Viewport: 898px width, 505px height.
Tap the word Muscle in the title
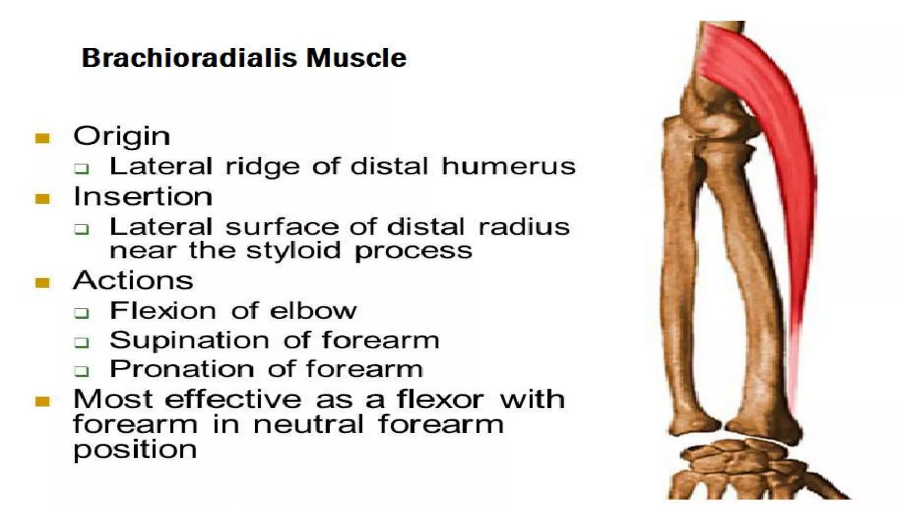[356, 58]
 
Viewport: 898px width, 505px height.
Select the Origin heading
[121, 136]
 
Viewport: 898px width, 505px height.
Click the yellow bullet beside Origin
[43, 139]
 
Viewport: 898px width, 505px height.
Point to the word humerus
[508, 167]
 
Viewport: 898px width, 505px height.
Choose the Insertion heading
[143, 196]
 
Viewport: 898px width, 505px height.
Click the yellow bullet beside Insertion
[43, 199]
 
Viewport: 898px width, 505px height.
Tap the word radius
[524, 227]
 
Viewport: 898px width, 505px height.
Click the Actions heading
[133, 281]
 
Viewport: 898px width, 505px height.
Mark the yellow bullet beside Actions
[43, 283]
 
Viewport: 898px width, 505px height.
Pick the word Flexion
[163, 311]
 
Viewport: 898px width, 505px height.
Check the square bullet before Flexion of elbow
[82, 313]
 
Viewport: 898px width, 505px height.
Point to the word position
[135, 450]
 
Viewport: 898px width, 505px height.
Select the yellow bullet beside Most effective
[43, 401]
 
